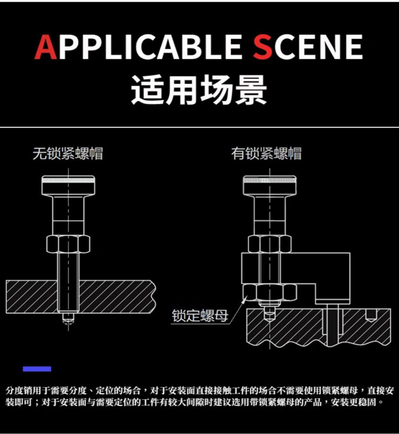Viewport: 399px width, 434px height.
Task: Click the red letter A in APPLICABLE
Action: pos(46,47)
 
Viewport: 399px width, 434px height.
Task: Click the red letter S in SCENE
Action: pos(262,47)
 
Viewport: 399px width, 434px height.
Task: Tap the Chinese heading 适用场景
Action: pos(199,90)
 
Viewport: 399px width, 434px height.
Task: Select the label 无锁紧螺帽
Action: pos(68,154)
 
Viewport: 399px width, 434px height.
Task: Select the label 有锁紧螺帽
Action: pos(266,154)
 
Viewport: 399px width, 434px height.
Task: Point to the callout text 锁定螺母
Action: pos(200,316)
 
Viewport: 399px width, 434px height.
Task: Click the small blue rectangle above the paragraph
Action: pos(37,369)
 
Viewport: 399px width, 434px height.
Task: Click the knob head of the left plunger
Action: pos(69,185)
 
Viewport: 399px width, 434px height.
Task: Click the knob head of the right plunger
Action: pos(270,185)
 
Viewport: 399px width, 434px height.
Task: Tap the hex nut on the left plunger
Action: pos(68,244)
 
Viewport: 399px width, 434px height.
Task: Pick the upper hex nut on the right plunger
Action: pos(270,244)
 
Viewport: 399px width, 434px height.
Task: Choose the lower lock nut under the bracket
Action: pos(269,293)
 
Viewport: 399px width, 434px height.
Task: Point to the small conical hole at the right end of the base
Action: pos(371,315)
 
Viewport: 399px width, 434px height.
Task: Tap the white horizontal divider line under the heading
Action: pos(199,128)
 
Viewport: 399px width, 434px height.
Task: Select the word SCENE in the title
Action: pos(308,47)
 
